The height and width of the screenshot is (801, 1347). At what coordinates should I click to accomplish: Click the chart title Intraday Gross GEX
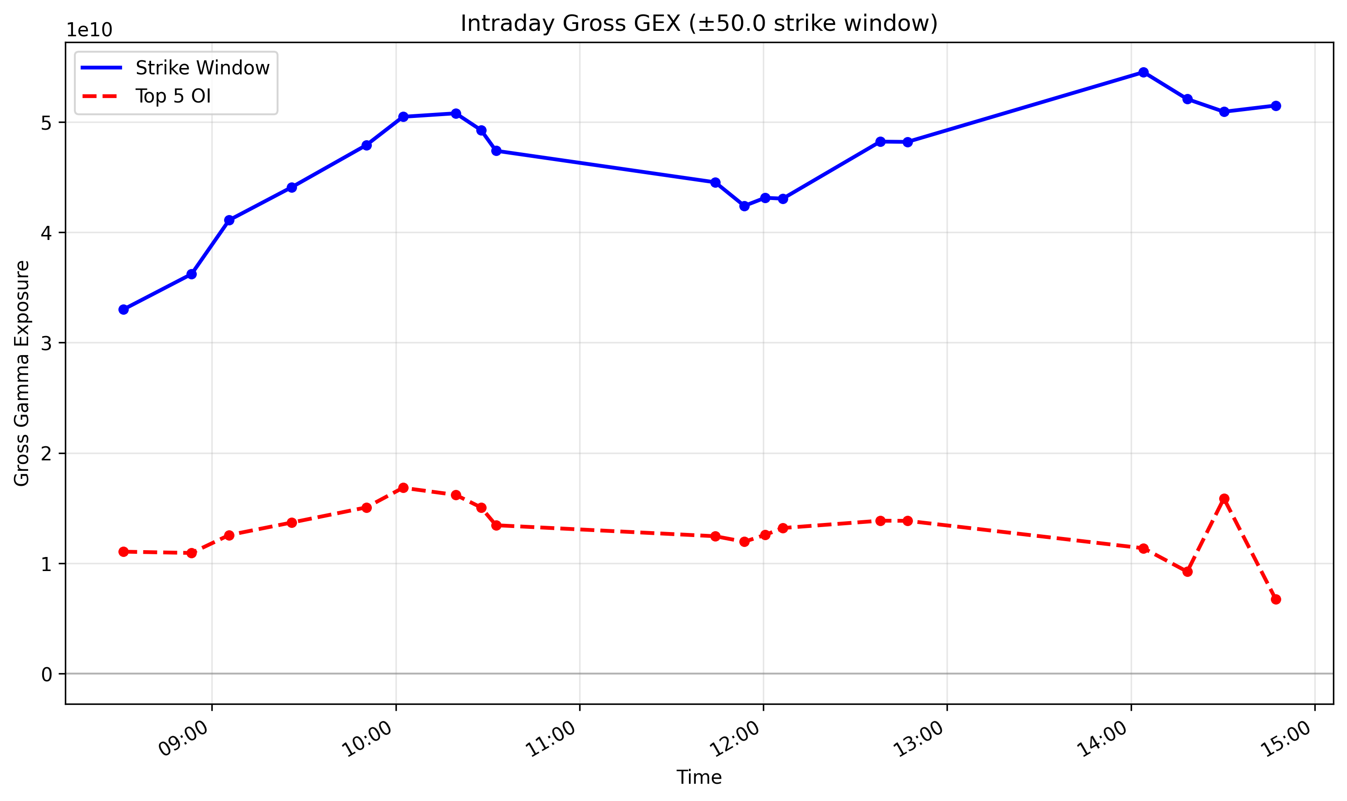pos(699,24)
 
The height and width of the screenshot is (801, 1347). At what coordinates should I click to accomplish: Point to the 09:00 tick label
pos(184,738)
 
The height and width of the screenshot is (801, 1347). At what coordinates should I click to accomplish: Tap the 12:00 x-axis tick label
pos(735,738)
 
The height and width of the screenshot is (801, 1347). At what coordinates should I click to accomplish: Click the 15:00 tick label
pos(1287,738)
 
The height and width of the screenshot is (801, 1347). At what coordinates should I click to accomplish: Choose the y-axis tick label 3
pos(46,343)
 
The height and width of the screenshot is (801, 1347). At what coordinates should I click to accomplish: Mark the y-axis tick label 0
pos(46,674)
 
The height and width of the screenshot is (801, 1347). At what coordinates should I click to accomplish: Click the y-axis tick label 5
pos(46,123)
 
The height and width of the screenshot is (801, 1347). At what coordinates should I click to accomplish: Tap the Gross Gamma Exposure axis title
pos(22,373)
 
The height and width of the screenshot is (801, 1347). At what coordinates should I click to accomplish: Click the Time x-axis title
pos(699,777)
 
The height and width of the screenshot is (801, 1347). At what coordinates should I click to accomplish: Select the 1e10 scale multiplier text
pos(89,31)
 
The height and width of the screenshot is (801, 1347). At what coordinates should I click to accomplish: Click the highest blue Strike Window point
pos(1143,72)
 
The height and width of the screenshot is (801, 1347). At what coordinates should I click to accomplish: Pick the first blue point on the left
pos(123,309)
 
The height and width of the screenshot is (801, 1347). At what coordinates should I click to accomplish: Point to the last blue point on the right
pos(1276,106)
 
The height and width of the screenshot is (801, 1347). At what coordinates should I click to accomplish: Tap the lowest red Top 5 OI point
pos(1276,599)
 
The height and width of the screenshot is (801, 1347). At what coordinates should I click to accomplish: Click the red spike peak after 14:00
pos(1224,499)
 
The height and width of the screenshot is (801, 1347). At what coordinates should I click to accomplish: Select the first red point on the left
pos(123,552)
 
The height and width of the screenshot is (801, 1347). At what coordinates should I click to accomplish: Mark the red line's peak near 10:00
pos(403,488)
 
